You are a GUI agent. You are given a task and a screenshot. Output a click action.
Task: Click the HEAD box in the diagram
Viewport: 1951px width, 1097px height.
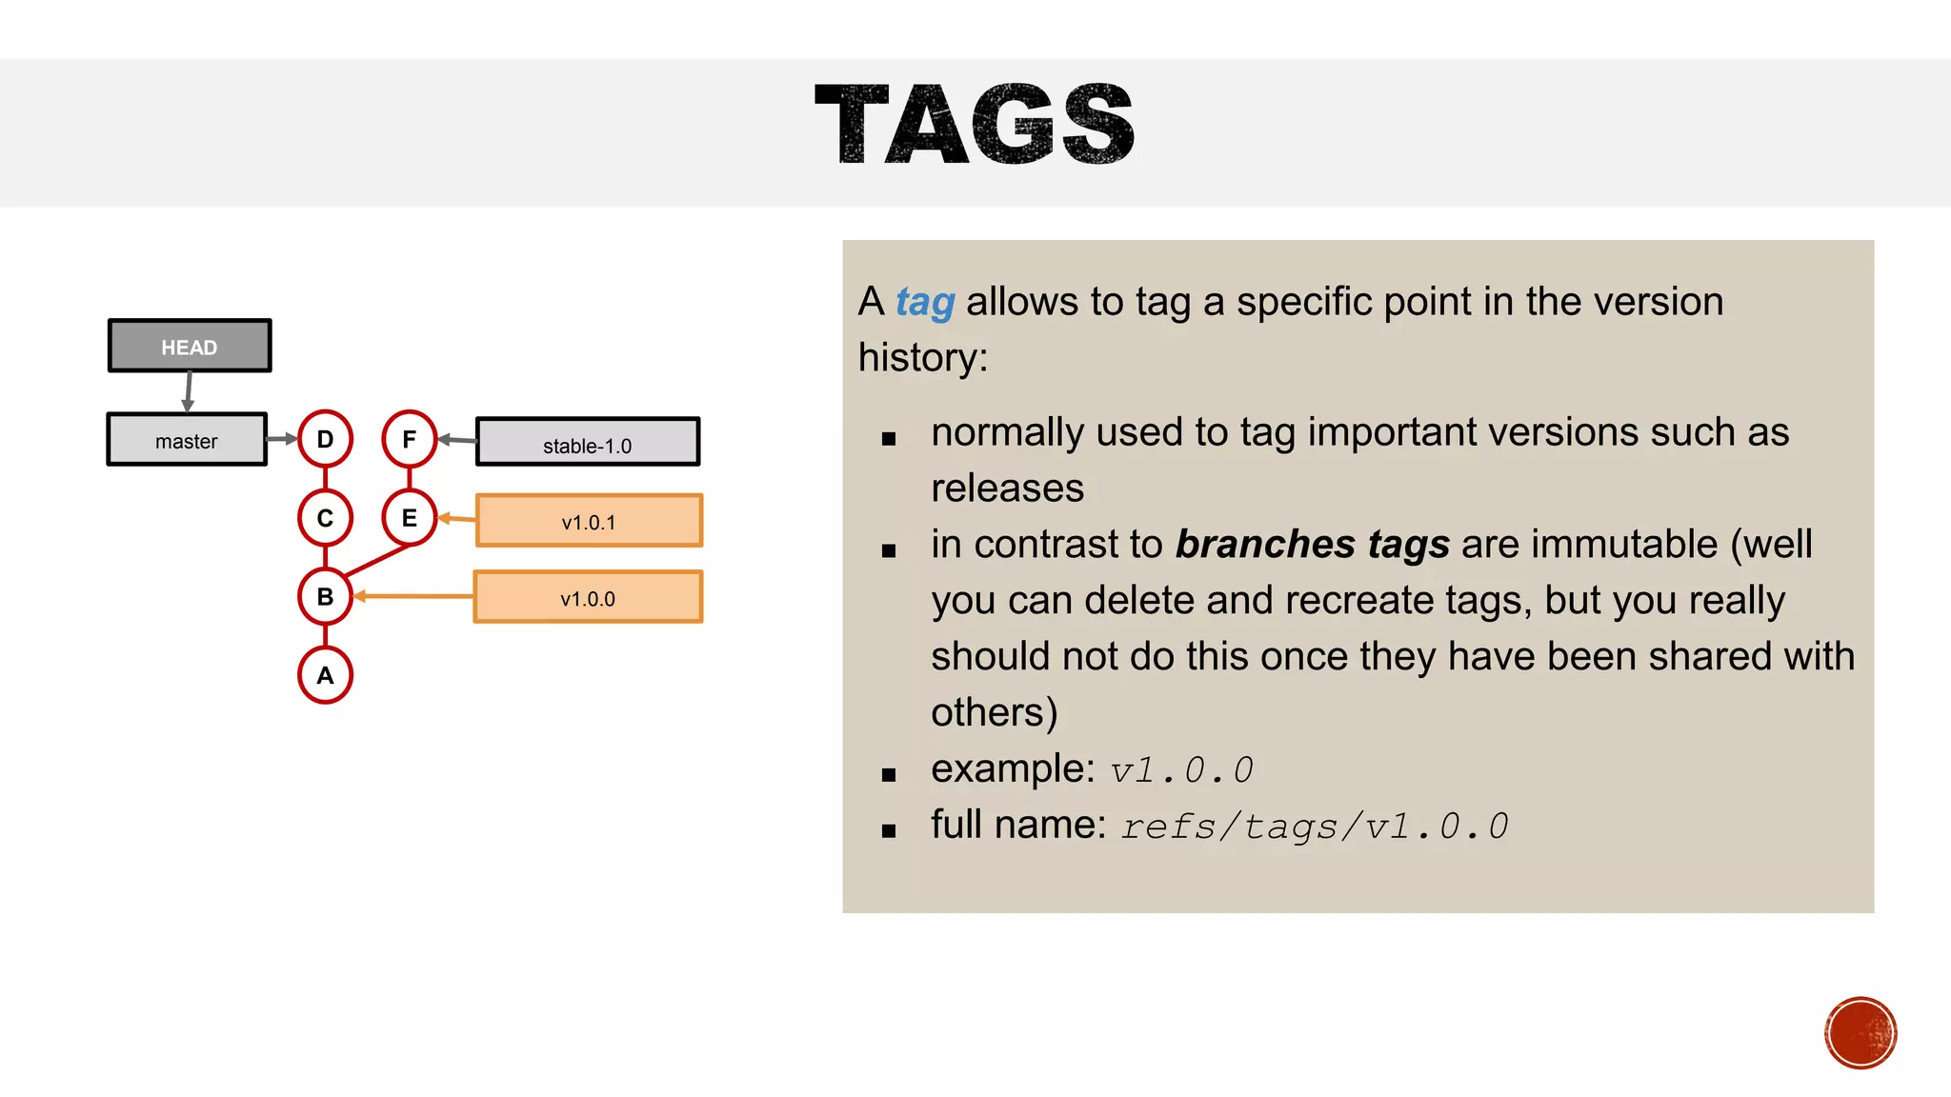[x=190, y=346]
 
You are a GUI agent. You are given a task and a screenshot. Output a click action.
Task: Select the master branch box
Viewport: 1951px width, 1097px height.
[x=187, y=440]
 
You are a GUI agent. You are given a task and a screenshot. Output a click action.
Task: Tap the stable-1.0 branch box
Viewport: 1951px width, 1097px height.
[x=588, y=443]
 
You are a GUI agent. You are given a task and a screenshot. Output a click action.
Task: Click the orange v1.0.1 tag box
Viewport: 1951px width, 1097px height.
[x=589, y=521]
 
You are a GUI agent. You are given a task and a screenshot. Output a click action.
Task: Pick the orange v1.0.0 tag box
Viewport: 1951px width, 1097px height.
[x=588, y=597]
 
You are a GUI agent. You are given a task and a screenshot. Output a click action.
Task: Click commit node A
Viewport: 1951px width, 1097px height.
[x=326, y=675]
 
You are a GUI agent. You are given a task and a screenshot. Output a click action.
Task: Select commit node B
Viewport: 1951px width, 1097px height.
[x=326, y=597]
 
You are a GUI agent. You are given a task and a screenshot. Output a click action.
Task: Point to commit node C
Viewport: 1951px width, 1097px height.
[x=326, y=518]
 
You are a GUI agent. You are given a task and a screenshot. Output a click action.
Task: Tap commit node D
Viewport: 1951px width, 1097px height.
[x=326, y=439]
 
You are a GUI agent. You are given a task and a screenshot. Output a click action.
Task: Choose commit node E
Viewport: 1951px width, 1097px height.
[x=410, y=518]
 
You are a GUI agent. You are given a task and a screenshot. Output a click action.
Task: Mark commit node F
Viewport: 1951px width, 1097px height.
[x=410, y=439]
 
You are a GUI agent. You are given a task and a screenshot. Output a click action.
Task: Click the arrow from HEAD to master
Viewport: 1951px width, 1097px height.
[x=189, y=391]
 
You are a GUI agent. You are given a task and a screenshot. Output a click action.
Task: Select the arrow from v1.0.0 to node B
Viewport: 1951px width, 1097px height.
[x=414, y=597]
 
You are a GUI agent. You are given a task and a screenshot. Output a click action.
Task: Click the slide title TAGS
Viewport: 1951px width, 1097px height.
[x=975, y=124]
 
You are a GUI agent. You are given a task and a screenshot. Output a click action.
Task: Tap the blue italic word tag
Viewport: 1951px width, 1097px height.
[x=925, y=302]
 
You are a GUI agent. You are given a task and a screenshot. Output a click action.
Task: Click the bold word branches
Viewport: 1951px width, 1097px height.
[x=1265, y=545]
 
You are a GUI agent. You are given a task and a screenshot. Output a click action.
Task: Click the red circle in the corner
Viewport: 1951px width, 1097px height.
[x=1860, y=1033]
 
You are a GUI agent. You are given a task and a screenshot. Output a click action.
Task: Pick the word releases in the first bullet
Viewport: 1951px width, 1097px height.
[x=1008, y=489]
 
